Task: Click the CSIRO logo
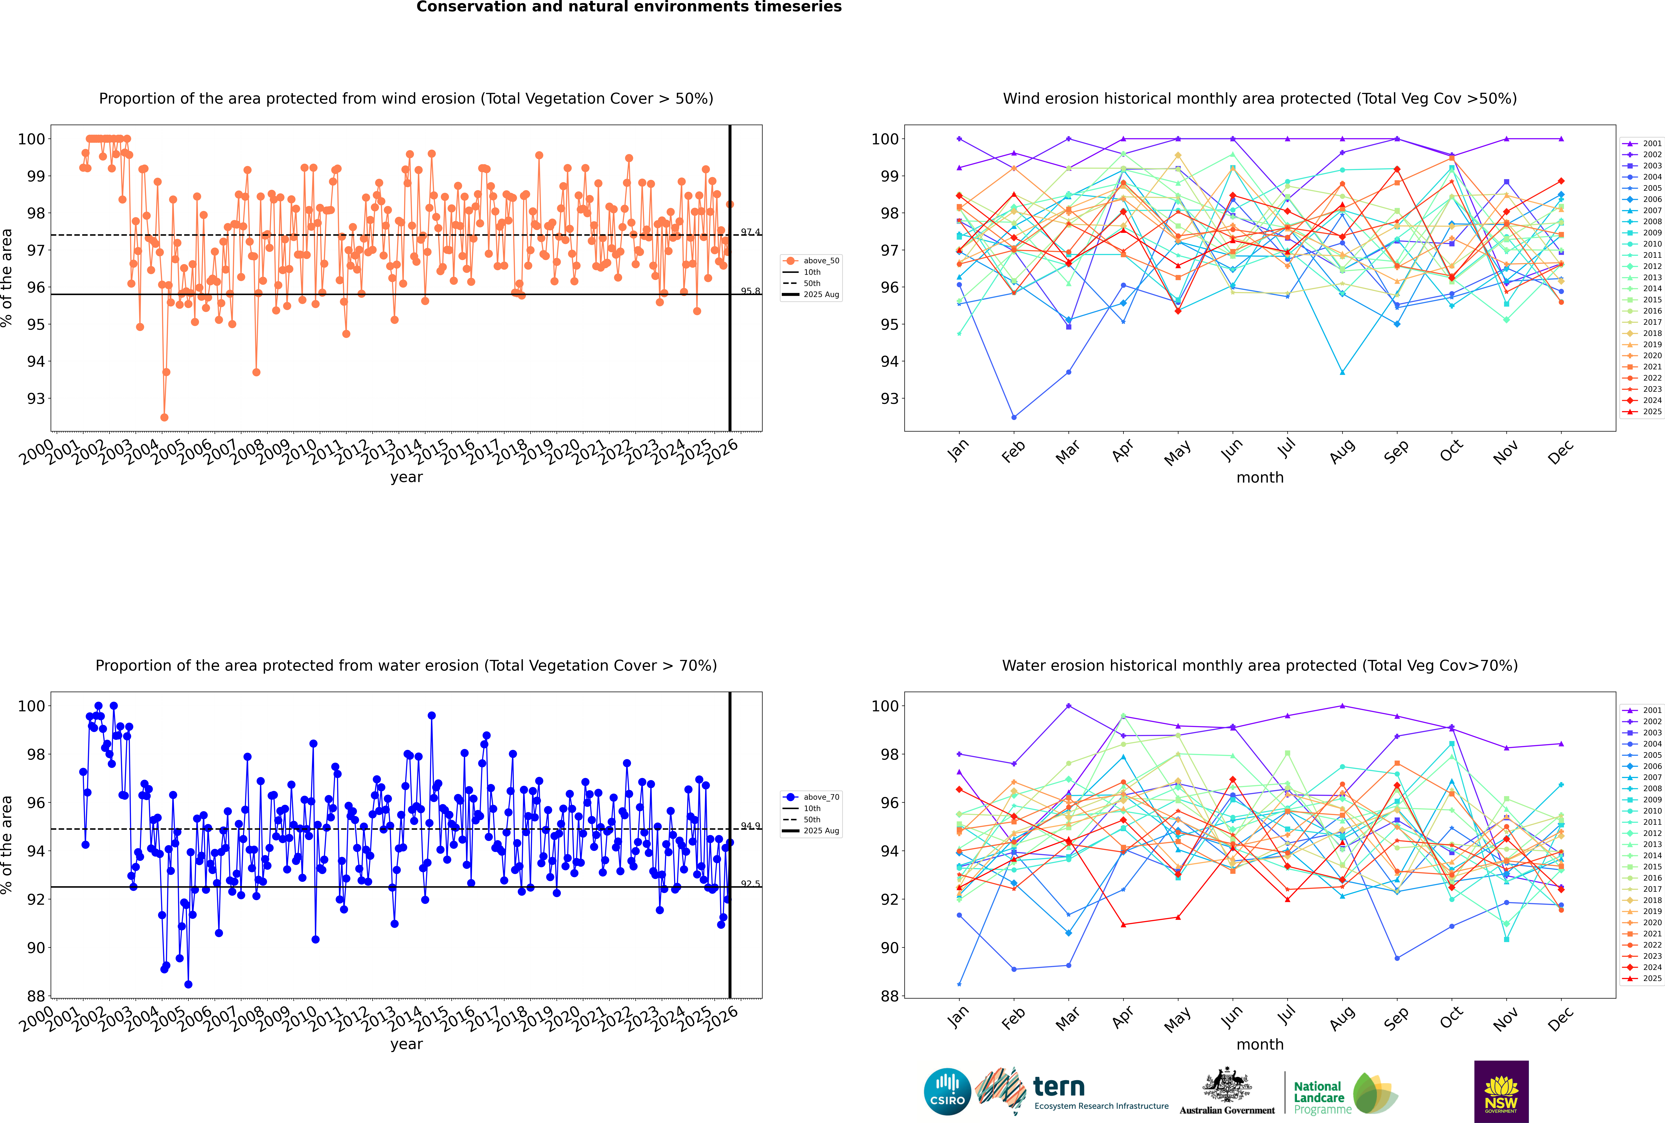tap(947, 1092)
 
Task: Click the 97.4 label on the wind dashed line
tap(750, 232)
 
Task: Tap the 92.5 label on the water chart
tap(750, 884)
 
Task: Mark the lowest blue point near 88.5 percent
tap(188, 984)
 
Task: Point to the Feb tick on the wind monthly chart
tap(1014, 451)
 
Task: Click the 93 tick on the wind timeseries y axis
tap(36, 398)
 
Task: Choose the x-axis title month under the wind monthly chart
tap(1260, 478)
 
